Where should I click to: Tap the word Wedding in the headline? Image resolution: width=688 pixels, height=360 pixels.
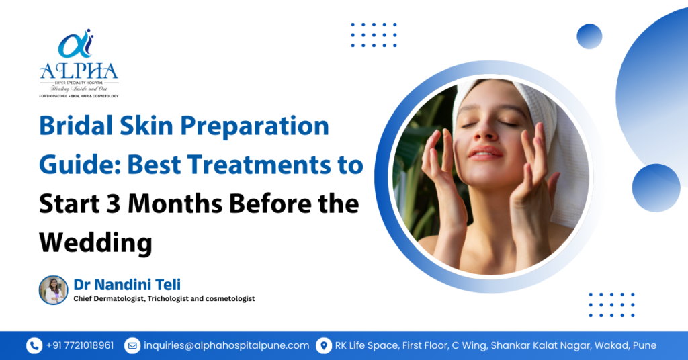pos(95,241)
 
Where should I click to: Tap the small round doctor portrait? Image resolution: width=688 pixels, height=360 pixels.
pos(54,290)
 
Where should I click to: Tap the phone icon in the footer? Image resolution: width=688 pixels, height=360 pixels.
pos(34,345)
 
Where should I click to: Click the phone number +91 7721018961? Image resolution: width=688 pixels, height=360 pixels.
pos(80,345)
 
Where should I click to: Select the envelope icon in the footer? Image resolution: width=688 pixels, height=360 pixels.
pos(132,345)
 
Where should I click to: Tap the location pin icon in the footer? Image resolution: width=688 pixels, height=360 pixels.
pos(324,345)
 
